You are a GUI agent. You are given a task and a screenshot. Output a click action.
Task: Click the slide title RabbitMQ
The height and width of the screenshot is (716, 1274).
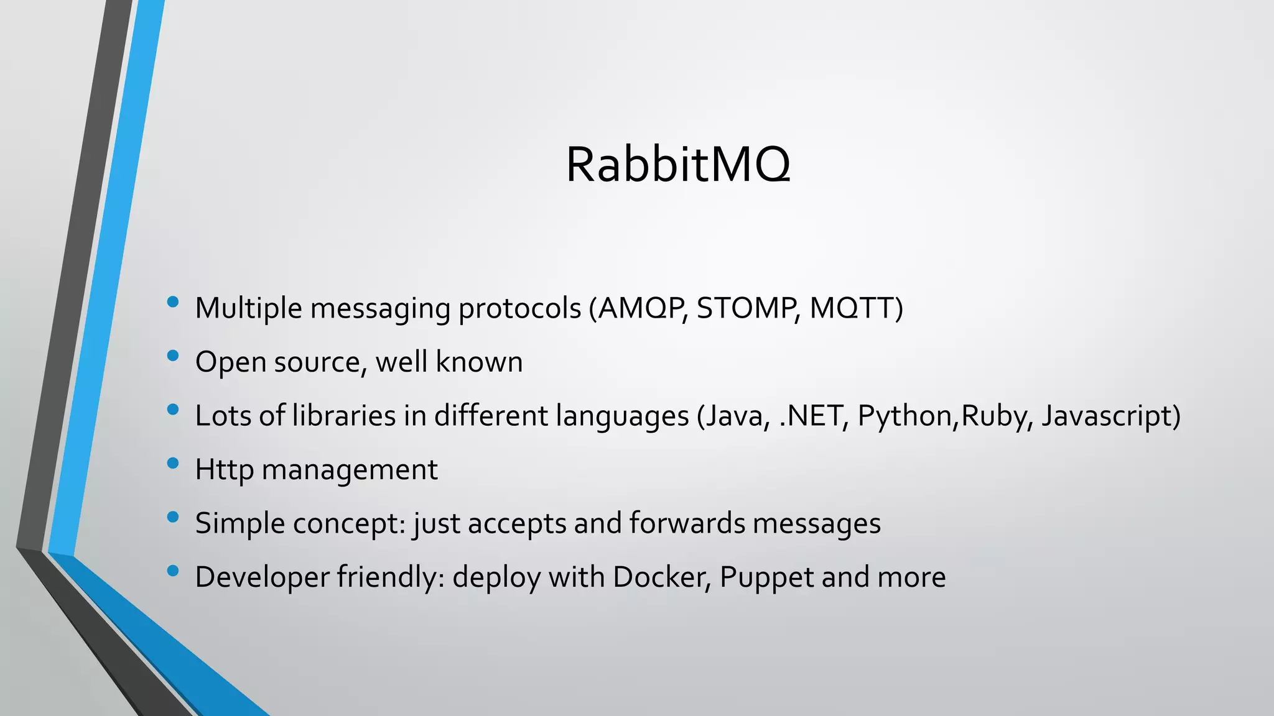coord(678,165)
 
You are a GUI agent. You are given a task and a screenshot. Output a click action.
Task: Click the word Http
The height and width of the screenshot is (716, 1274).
coord(224,470)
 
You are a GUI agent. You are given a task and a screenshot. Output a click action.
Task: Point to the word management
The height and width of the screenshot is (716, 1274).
coord(350,470)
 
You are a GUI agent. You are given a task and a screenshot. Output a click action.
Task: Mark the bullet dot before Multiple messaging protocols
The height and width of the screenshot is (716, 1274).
coord(173,303)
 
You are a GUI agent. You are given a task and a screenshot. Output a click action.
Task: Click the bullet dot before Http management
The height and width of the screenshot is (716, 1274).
coord(173,464)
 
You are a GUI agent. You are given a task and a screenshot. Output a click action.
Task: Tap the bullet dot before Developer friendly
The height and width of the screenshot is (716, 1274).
coord(173,571)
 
